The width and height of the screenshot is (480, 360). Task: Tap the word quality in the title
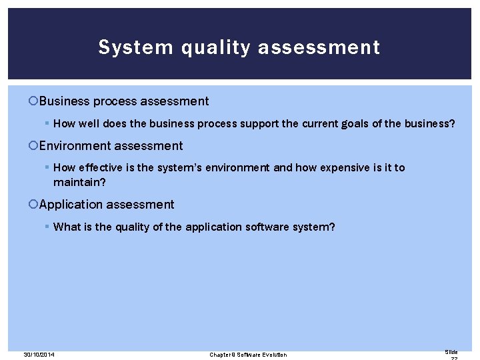pyautogui.click(x=196, y=48)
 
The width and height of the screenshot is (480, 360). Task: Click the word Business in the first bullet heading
pyautogui.click(x=64, y=101)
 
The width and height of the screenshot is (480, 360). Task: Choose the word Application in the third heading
pyautogui.click(x=71, y=205)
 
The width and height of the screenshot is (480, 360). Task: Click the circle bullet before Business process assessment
pyautogui.click(x=35, y=102)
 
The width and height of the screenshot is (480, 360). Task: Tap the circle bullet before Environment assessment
pyautogui.click(x=35, y=146)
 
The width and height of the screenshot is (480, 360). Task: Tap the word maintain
pyautogui.click(x=75, y=181)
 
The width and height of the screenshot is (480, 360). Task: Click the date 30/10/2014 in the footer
pyautogui.click(x=39, y=355)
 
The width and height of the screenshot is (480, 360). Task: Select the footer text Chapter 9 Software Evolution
pyautogui.click(x=248, y=355)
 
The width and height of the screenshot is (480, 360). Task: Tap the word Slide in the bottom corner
pyautogui.click(x=451, y=351)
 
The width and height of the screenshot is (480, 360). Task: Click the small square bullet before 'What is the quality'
pyautogui.click(x=47, y=227)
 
